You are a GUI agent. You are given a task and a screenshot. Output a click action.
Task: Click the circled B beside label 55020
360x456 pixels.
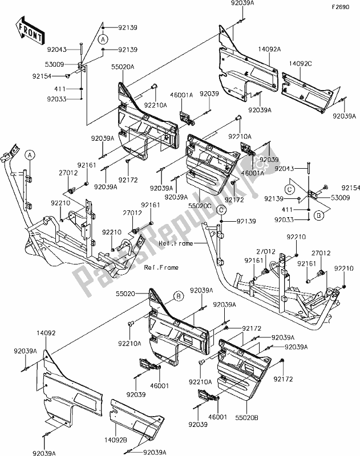click(178, 295)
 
